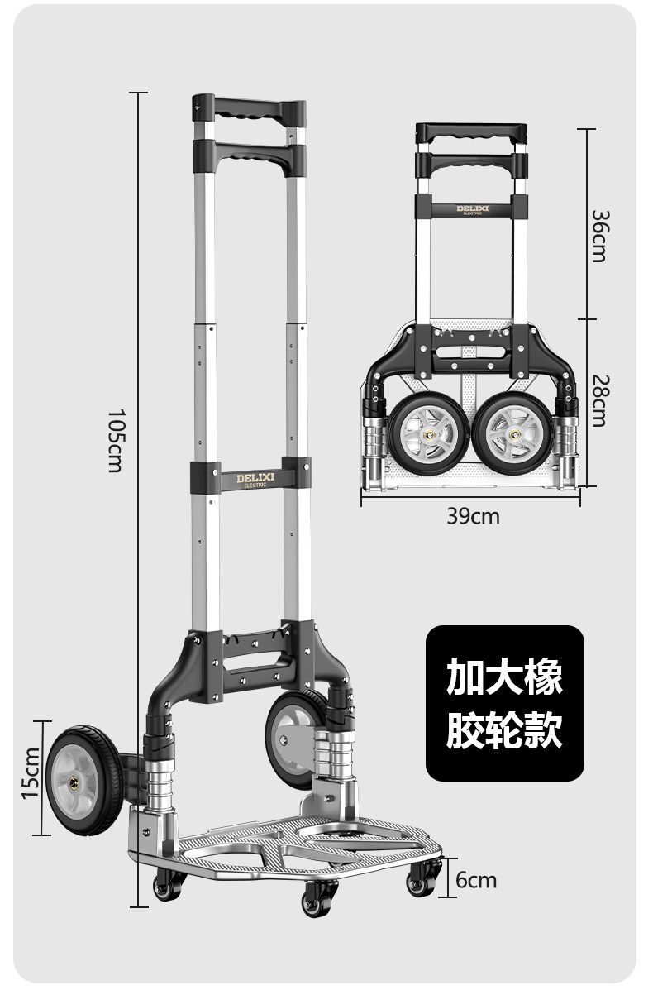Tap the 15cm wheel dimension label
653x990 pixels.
[x=31, y=772]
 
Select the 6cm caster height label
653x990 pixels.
[x=477, y=879]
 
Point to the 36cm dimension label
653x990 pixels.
[x=599, y=236]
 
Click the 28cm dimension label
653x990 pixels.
[x=599, y=401]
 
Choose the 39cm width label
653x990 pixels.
[x=473, y=516]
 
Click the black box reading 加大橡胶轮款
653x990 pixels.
[x=504, y=703]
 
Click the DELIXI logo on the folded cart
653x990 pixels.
[x=472, y=209]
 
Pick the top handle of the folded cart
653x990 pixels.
[x=471, y=132]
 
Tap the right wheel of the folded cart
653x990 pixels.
[x=514, y=433]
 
